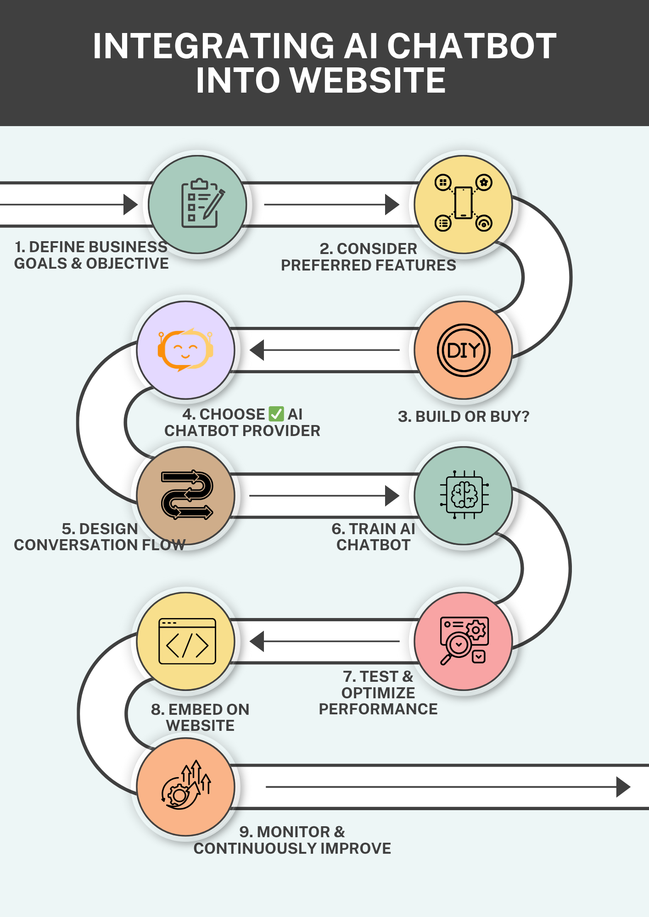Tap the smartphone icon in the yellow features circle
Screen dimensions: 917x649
point(464,203)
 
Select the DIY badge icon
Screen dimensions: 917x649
point(464,350)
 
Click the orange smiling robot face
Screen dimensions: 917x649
point(185,350)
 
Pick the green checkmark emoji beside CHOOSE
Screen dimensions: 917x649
point(276,414)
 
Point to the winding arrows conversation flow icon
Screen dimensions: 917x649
point(187,495)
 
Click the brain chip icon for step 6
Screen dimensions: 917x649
point(464,495)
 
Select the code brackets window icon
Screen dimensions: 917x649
point(187,641)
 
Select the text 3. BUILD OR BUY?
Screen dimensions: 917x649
point(464,416)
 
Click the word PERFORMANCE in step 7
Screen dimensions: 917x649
point(378,709)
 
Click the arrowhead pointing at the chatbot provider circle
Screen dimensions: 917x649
point(257,350)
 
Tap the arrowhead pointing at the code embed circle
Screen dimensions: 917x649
point(257,641)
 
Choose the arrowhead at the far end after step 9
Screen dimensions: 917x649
point(623,787)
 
